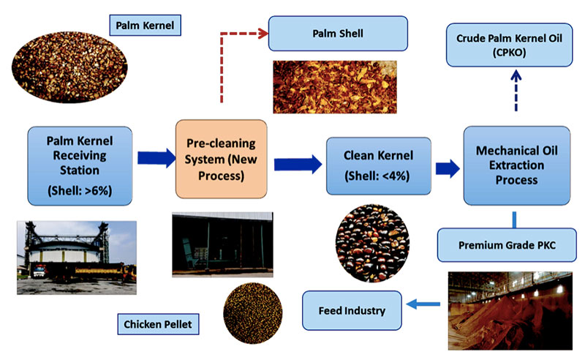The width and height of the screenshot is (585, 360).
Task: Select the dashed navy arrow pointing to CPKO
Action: point(516,88)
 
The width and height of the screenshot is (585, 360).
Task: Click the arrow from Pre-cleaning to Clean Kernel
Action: point(297,164)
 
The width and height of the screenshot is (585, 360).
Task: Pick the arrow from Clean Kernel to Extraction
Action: point(442,167)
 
